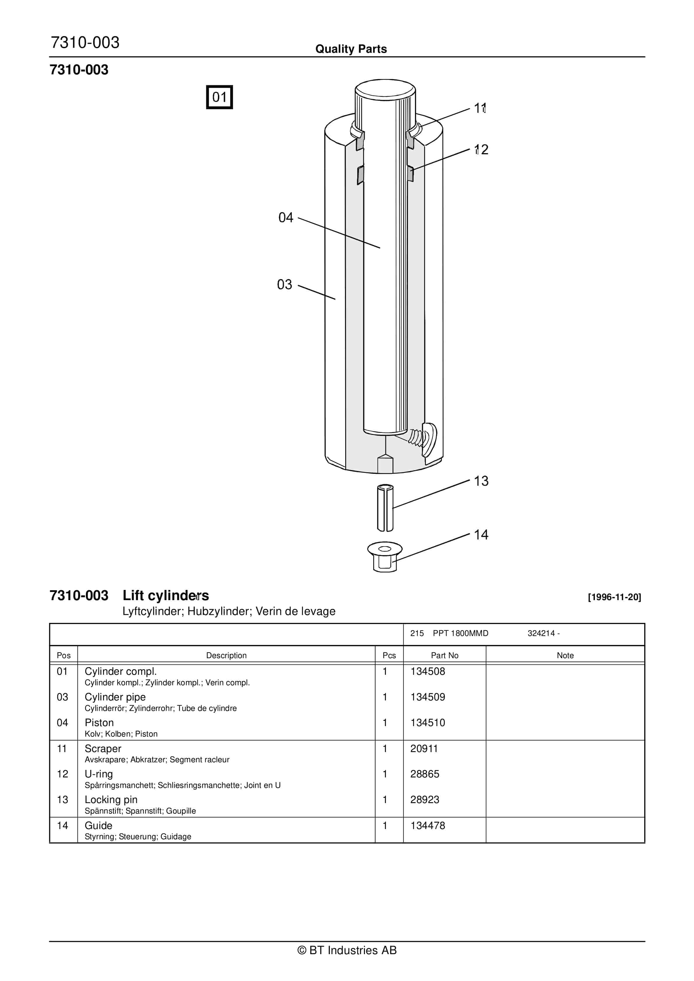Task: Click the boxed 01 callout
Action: point(219,97)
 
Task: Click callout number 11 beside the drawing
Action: point(480,108)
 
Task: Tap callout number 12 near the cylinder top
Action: point(481,150)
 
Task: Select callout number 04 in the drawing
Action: point(285,218)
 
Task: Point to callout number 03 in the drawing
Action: point(285,285)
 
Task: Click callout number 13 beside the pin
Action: point(481,481)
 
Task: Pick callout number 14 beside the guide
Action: point(481,535)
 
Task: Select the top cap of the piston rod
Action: point(385,88)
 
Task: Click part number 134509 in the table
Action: point(428,697)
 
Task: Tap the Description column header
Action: point(226,656)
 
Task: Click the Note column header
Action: point(565,656)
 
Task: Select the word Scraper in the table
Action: point(103,749)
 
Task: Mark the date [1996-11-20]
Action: point(614,597)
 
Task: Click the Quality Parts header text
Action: point(351,49)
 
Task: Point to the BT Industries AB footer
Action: point(347,950)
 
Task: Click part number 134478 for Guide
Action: point(428,826)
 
